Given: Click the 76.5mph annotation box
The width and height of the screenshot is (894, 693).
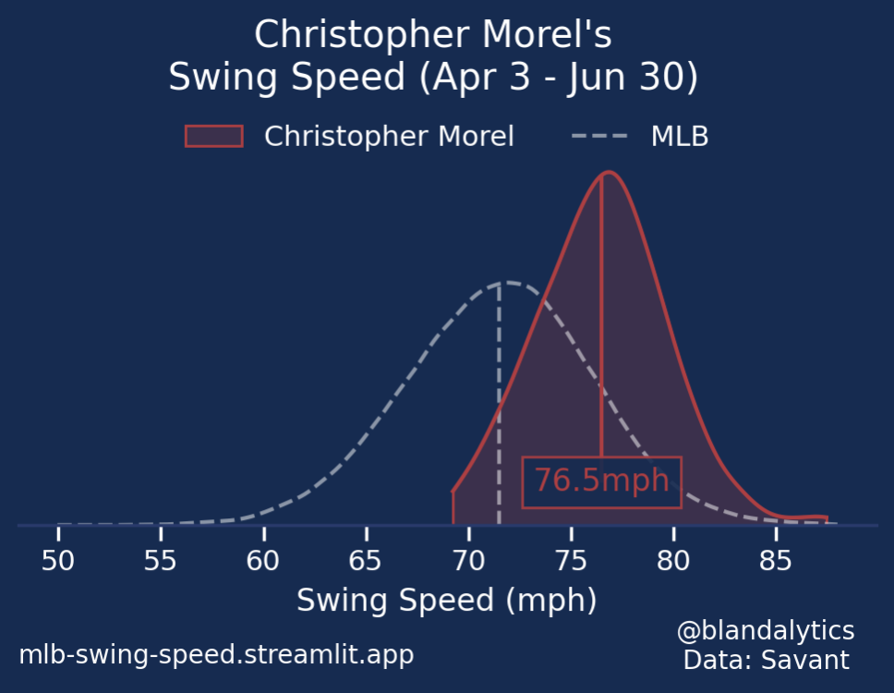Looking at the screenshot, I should point(601,481).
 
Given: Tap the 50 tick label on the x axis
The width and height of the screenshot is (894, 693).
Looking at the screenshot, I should point(58,560).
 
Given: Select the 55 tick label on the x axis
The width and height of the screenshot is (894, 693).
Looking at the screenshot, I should point(161,560).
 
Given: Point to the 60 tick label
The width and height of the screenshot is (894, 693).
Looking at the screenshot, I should point(263,560).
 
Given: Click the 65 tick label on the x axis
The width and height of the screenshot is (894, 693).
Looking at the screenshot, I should point(367,560).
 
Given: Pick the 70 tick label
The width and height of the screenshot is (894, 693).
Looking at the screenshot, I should point(469,560).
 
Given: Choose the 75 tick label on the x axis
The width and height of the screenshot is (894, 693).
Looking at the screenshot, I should point(572,560).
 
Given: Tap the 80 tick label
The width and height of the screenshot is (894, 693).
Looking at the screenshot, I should point(674,560).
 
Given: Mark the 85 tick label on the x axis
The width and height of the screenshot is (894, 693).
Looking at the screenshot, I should point(777,560).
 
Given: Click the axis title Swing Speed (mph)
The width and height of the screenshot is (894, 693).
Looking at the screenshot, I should point(446,601).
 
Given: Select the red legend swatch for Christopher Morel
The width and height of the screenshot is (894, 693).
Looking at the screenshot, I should point(213,136).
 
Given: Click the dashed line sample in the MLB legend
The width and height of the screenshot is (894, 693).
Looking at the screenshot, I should point(599,136).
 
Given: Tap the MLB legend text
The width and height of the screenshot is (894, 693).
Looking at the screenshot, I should point(680,136).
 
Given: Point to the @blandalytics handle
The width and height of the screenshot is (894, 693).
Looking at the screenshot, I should point(766,631).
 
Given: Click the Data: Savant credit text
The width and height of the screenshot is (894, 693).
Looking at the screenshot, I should point(766,660).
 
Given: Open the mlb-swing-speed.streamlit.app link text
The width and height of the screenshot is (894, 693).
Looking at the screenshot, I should point(216,655).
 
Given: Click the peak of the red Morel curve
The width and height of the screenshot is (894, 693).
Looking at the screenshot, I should point(609,172).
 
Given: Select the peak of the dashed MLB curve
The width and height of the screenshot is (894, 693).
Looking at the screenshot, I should point(507,282).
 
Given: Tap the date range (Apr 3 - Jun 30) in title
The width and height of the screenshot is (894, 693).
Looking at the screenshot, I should point(558,78).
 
